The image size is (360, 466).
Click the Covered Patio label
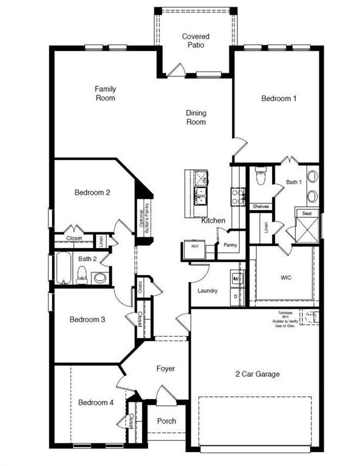click(x=195, y=41)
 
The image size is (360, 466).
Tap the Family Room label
click(x=105, y=93)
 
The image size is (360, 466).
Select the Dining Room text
click(x=195, y=117)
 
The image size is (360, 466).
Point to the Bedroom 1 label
click(x=279, y=98)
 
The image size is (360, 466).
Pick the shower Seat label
click(x=307, y=214)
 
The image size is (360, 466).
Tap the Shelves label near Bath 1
click(x=261, y=206)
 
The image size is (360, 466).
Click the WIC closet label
click(x=286, y=278)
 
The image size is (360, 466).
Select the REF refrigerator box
click(x=195, y=247)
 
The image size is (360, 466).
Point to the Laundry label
click(x=208, y=291)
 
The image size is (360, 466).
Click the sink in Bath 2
click(x=99, y=278)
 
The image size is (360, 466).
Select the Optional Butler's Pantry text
click(x=143, y=220)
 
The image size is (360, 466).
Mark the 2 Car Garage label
click(x=257, y=374)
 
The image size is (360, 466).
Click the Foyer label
click(x=166, y=368)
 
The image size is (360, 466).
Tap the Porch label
click(x=166, y=421)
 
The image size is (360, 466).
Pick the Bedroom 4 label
click(x=95, y=402)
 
